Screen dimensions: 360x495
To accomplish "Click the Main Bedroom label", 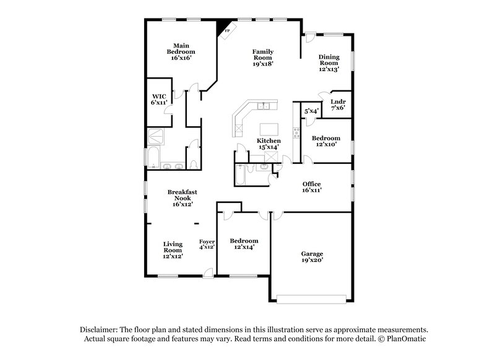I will (x=181, y=51).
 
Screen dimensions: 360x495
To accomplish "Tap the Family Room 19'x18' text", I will (x=263, y=57).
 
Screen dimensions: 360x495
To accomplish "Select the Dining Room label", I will (x=329, y=63).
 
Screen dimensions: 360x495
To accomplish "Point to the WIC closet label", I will (x=158, y=100).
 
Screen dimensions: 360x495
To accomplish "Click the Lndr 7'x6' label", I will (x=337, y=105).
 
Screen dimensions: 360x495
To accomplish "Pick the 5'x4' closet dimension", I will (x=311, y=111).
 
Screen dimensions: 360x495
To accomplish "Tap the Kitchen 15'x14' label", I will (x=269, y=144).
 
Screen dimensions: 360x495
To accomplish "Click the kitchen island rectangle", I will (x=269, y=129).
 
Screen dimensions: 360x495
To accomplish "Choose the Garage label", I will (x=312, y=257).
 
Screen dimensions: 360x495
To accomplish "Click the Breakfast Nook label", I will (x=183, y=198).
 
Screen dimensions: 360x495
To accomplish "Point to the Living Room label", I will (x=173, y=250).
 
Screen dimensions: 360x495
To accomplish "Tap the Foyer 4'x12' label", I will (x=206, y=244).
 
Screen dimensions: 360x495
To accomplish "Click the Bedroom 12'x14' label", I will (x=244, y=244).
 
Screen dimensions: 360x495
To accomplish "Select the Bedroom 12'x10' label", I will (x=325, y=141).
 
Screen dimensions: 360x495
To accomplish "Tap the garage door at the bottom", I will (x=311, y=299).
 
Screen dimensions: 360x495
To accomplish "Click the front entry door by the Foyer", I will (x=209, y=272).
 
